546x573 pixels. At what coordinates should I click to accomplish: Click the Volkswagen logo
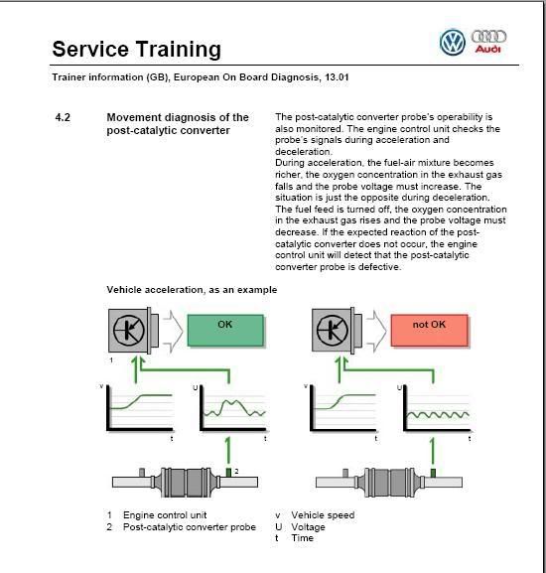coord(453,43)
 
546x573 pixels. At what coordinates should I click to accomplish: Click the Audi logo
coord(488,42)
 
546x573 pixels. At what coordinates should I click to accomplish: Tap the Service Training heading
coord(137,49)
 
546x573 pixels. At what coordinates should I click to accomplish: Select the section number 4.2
coord(63,117)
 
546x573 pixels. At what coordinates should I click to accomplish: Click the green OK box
coord(225,331)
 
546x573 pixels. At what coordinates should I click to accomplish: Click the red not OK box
coord(429,331)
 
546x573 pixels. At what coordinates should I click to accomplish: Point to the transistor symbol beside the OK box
coord(128,331)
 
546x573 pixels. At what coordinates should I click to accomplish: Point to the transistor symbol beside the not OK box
coord(332,331)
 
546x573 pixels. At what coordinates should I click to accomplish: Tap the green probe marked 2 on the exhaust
coord(228,473)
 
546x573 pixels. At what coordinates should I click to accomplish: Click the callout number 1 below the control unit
coord(111,360)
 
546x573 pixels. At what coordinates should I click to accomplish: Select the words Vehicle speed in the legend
coord(323,514)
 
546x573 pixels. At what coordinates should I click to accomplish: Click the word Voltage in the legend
coord(308,527)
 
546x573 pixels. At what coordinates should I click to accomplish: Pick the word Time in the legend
coord(302,538)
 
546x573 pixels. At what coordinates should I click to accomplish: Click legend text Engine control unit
coord(165,514)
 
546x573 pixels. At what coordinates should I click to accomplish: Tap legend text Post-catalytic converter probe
coord(190,527)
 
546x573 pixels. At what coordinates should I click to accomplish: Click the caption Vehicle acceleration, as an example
coord(192,290)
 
